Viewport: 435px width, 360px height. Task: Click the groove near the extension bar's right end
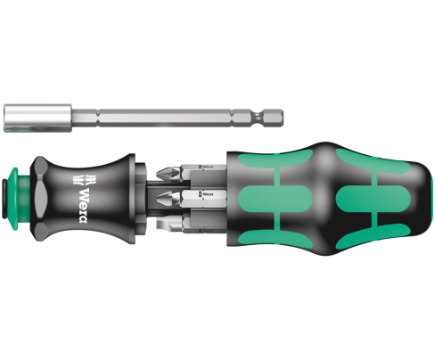pos(256,115)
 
